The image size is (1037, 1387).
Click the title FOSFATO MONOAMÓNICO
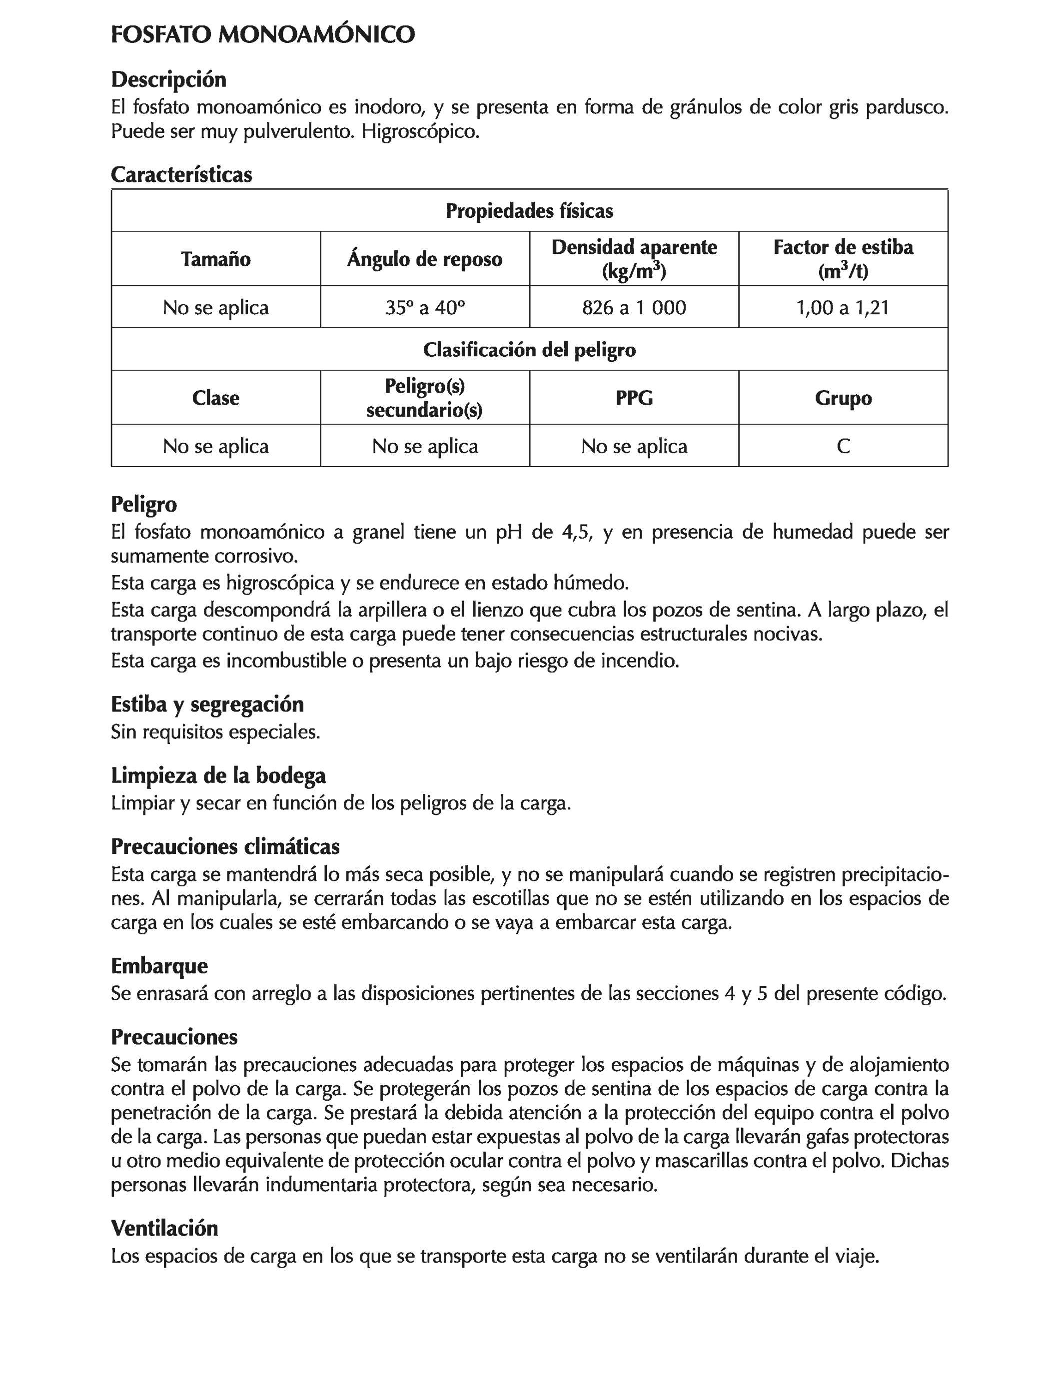262,34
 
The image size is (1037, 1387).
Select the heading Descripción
168,79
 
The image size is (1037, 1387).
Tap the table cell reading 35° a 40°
425,307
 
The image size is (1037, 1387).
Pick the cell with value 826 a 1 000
634,307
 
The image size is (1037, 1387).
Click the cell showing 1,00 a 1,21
843,307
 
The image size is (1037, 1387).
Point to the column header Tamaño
216,259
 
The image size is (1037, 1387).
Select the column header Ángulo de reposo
425,259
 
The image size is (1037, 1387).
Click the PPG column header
634,398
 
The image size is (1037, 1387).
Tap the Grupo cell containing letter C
843,446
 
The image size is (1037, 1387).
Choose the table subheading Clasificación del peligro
529,349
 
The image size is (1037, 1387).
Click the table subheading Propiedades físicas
529,211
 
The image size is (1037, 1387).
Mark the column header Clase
216,398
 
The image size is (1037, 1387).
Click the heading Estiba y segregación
207,704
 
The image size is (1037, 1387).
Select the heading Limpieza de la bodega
218,775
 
